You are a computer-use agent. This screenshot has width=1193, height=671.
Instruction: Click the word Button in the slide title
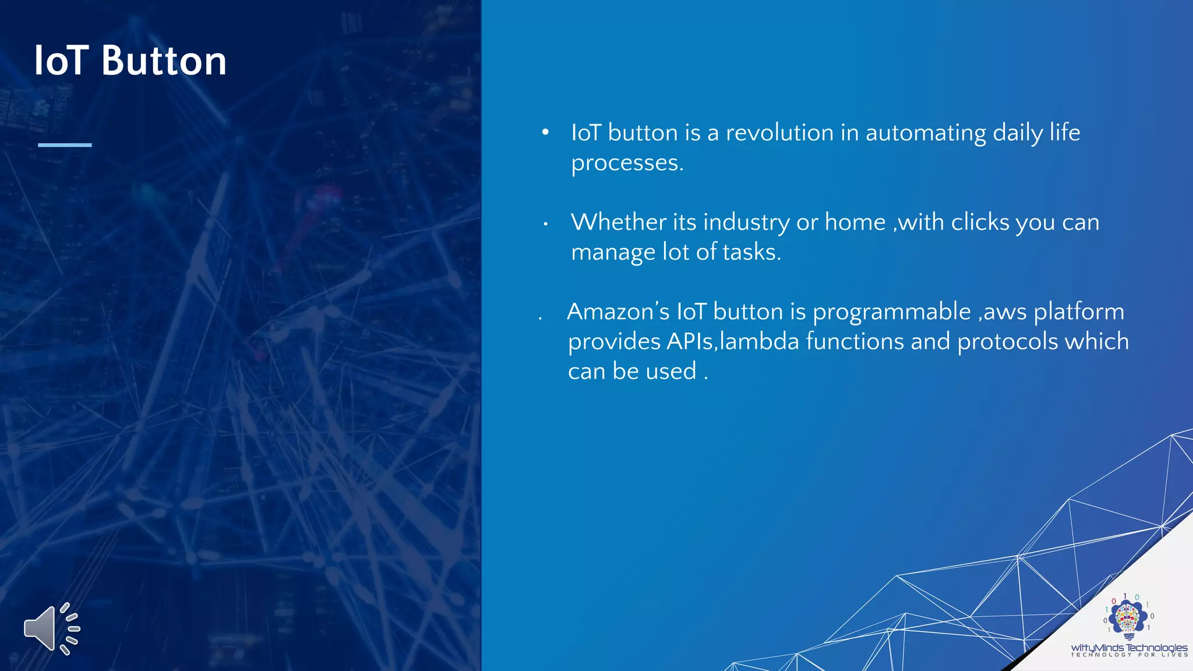point(164,61)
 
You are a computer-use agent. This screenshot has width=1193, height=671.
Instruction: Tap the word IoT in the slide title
point(61,61)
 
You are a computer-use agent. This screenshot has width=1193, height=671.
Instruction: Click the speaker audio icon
point(52,629)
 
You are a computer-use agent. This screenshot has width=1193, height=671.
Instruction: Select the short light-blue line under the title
point(65,144)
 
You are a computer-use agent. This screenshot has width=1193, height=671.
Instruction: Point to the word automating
point(926,133)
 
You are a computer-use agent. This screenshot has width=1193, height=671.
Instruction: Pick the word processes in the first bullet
point(626,163)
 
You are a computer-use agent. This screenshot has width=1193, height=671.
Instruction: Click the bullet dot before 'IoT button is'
point(545,132)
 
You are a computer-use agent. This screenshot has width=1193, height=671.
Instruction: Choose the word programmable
point(891,312)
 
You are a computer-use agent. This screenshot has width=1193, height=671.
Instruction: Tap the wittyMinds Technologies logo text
point(1129,647)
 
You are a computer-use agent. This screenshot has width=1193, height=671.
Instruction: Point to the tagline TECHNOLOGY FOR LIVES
point(1129,655)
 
